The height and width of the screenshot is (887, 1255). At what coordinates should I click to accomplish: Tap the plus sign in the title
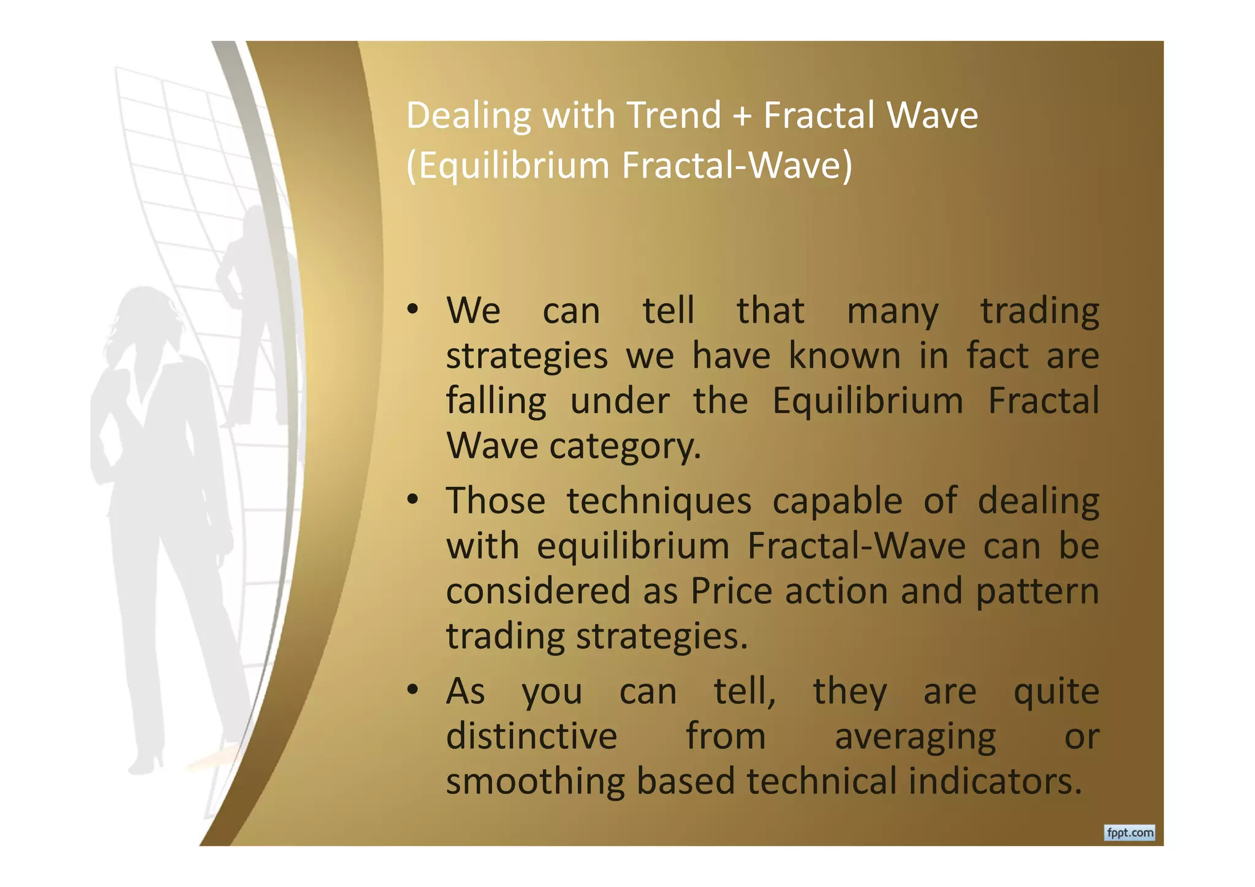coord(742,116)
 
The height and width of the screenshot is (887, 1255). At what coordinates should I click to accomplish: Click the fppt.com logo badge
coord(1129,832)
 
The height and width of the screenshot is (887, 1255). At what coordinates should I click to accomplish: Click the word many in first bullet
coord(892,311)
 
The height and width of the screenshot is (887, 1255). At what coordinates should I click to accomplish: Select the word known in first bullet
coord(844,356)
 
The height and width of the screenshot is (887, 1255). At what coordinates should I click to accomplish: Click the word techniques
coord(659,502)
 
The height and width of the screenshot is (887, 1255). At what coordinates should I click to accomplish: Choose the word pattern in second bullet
coord(1037,592)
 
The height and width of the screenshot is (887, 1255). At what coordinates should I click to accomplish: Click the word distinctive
coord(531,736)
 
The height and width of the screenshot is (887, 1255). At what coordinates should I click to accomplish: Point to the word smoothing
coord(535,782)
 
